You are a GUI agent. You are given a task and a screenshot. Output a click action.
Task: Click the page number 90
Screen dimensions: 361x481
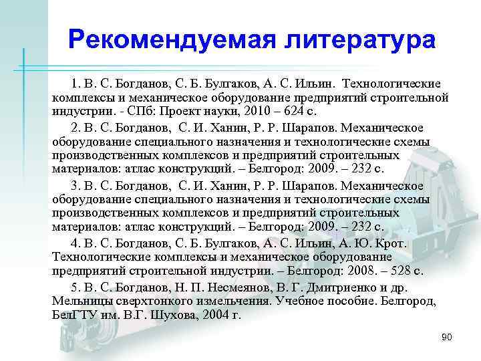(x=446, y=337)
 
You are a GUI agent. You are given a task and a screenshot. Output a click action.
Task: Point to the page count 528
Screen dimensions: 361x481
(x=377, y=272)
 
